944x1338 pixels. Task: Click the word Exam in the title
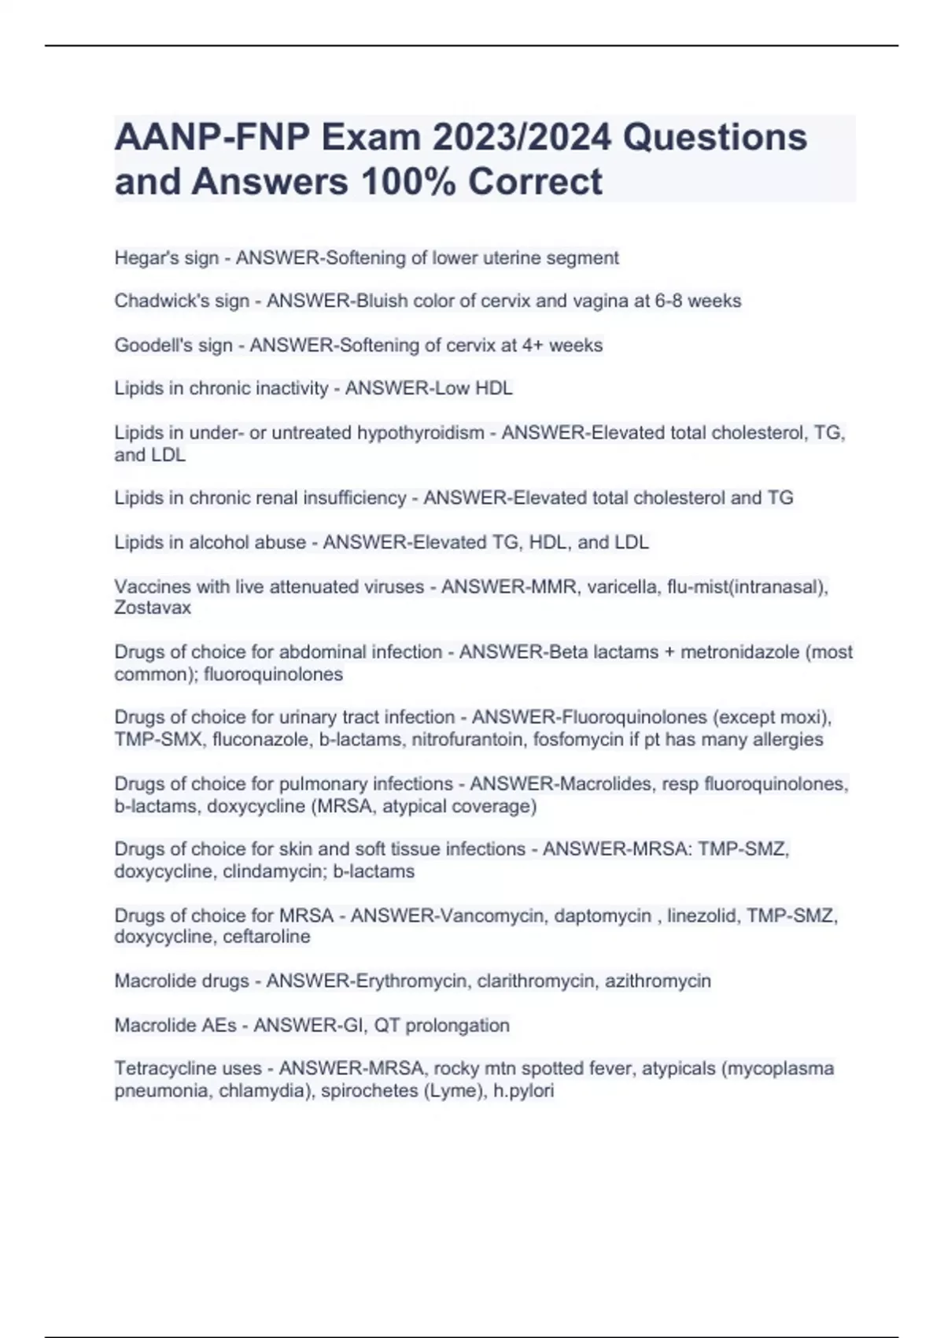click(371, 139)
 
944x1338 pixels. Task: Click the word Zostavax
click(153, 608)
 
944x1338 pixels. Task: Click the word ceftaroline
click(267, 937)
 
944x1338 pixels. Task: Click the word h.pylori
click(524, 1092)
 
